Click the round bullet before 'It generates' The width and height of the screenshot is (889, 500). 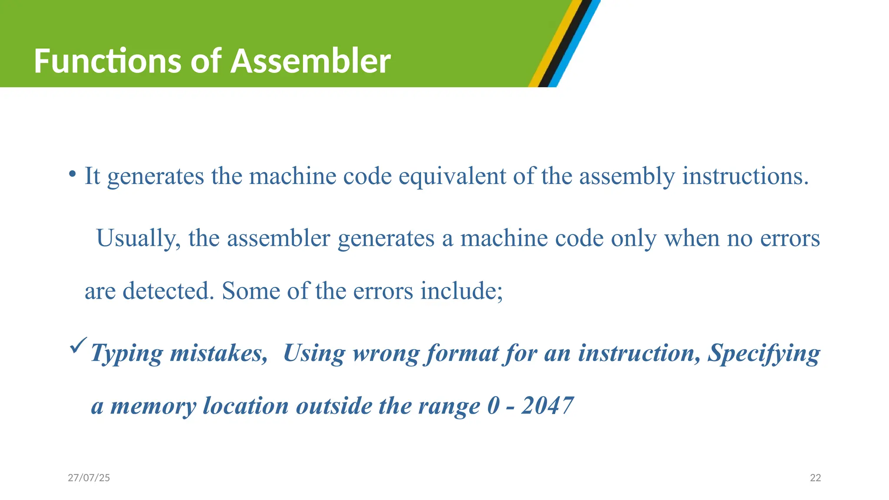pyautogui.click(x=72, y=175)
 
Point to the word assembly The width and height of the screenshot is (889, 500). pyautogui.click(x=627, y=177)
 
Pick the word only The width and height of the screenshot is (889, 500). pyautogui.click(x=633, y=239)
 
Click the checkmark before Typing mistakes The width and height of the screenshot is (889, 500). pyautogui.click(x=78, y=345)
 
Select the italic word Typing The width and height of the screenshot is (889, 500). pyautogui.click(x=126, y=353)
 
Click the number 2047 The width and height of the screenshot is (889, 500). pyautogui.click(x=547, y=406)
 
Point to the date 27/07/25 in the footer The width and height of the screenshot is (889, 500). pyautogui.click(x=89, y=478)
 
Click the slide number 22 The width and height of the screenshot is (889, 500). pyautogui.click(x=816, y=478)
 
